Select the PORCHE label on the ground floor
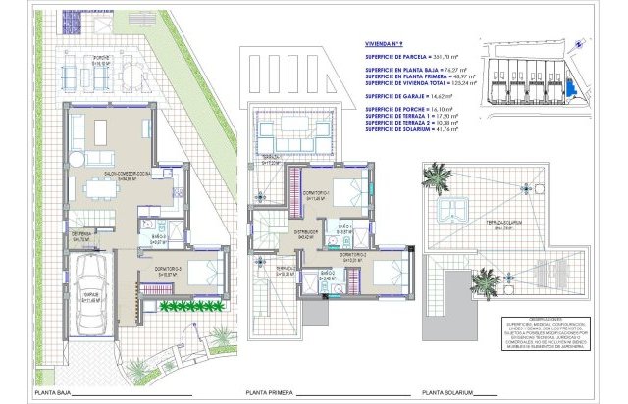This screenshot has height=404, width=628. click(100, 59)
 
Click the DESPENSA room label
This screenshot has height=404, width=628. click(82, 236)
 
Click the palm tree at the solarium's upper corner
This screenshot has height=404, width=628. click(434, 178)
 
